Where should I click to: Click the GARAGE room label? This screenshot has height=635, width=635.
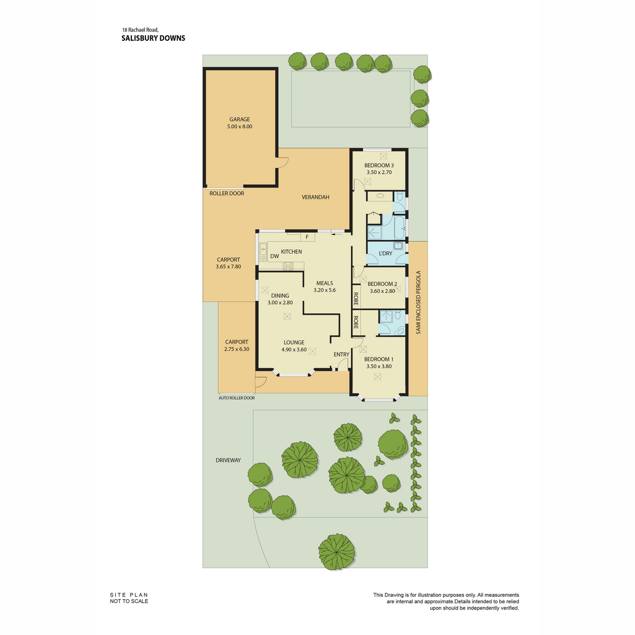[240, 119]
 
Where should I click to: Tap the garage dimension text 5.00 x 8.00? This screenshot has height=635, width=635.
[240, 126]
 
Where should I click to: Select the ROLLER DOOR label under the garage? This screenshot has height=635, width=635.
[226, 194]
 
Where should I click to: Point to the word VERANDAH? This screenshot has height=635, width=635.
[315, 197]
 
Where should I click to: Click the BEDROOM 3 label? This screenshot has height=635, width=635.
[379, 166]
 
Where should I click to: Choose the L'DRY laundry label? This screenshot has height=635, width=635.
[386, 253]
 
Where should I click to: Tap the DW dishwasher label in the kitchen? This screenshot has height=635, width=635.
[275, 256]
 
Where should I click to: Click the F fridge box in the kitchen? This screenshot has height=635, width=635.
[307, 237]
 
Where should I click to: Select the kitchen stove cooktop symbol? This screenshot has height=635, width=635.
[288, 266]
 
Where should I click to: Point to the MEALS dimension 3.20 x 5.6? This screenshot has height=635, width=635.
[324, 291]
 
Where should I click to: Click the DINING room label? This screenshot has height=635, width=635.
[280, 296]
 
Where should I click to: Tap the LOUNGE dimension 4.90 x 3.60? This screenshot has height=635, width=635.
[294, 350]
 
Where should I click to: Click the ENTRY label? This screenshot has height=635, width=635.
[341, 354]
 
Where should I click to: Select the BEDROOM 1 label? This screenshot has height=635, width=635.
[379, 359]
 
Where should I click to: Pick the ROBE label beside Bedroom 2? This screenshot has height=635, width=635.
[356, 299]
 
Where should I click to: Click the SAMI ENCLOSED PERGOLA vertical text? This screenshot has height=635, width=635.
[418, 303]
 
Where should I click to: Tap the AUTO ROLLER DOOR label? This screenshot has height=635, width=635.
[237, 398]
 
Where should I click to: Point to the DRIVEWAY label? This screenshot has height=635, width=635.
[229, 460]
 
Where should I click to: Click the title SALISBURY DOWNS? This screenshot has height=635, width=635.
[153, 38]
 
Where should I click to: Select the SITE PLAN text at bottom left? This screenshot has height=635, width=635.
[129, 595]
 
